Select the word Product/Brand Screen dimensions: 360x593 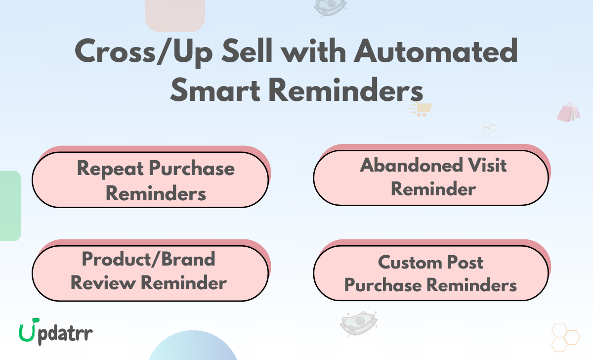tap(148, 259)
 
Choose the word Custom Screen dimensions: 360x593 tap(411, 262)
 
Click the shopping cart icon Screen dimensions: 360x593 tap(420, 109)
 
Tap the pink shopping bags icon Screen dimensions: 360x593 tap(569, 112)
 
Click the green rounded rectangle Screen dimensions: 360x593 tap(10, 206)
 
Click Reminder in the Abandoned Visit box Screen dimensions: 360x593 tap(433, 189)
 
